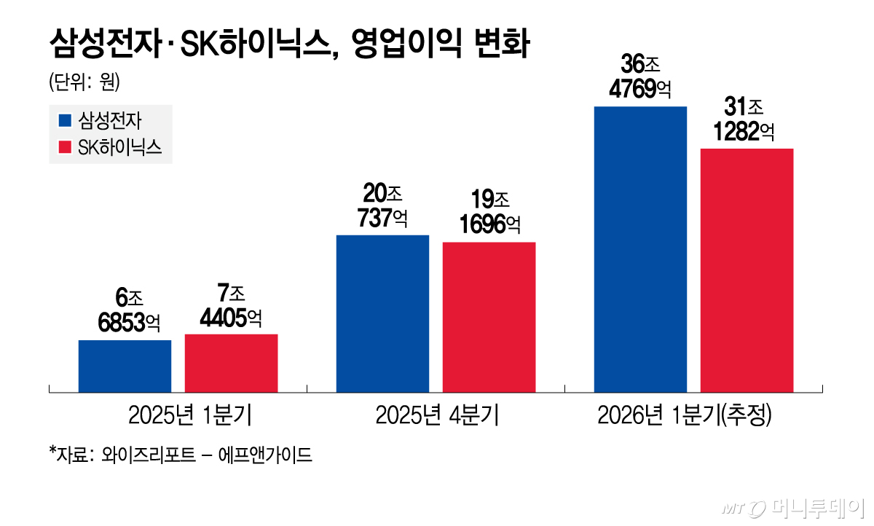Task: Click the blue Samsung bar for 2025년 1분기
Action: coord(125,366)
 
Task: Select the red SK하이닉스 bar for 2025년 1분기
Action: coord(231,363)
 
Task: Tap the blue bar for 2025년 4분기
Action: coord(382,313)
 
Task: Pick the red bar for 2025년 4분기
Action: coord(489,317)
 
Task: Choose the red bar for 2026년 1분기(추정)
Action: coord(747,270)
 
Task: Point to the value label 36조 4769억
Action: coord(640,75)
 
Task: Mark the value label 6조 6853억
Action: coord(125,309)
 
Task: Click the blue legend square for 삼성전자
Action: coord(65,120)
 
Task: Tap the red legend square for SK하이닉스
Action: coord(65,148)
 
